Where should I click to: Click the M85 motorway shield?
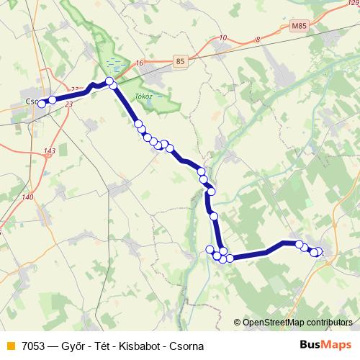299,26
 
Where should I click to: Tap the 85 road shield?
180,62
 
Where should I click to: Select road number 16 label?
139,63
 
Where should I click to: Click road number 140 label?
27,197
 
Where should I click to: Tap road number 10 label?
222,37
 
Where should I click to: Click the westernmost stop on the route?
42,104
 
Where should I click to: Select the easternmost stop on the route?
319,252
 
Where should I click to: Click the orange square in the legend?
10,346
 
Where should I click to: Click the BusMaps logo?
325,345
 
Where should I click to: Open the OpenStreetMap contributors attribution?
297,323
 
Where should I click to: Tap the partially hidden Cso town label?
30,102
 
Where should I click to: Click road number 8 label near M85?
257,40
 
